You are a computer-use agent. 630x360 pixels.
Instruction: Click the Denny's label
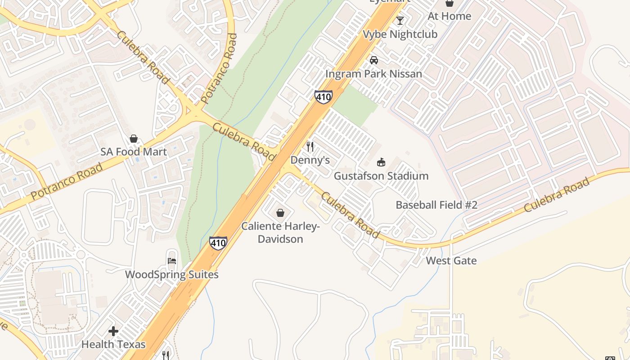[310, 160]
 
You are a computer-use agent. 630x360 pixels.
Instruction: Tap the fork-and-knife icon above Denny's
[310, 147]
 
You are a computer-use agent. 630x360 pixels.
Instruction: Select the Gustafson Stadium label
[381, 176]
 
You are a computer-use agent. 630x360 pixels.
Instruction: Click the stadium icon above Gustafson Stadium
[381, 162]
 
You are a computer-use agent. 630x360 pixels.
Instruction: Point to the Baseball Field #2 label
[436, 205]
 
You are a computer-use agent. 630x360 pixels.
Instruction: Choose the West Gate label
[451, 261]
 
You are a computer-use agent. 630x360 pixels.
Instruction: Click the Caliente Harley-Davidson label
[280, 232]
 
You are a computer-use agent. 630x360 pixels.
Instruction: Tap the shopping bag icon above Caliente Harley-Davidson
[280, 212]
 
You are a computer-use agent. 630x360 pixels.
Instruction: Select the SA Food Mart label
[133, 152]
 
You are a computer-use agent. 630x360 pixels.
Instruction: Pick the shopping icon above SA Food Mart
[133, 139]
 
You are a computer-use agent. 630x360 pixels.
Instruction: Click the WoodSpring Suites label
[171, 274]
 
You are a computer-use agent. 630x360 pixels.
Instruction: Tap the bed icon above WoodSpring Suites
[171, 261]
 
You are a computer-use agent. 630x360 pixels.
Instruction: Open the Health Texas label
[113, 345]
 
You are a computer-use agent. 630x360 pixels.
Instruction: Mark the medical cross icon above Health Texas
[113, 332]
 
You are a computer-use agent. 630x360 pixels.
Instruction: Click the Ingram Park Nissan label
[373, 74]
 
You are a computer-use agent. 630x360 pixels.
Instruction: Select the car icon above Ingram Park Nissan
[373, 60]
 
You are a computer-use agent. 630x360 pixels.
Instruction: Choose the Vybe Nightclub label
[400, 34]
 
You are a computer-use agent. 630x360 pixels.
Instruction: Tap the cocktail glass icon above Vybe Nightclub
[400, 21]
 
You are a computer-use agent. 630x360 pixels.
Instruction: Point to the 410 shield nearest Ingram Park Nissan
[324, 97]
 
